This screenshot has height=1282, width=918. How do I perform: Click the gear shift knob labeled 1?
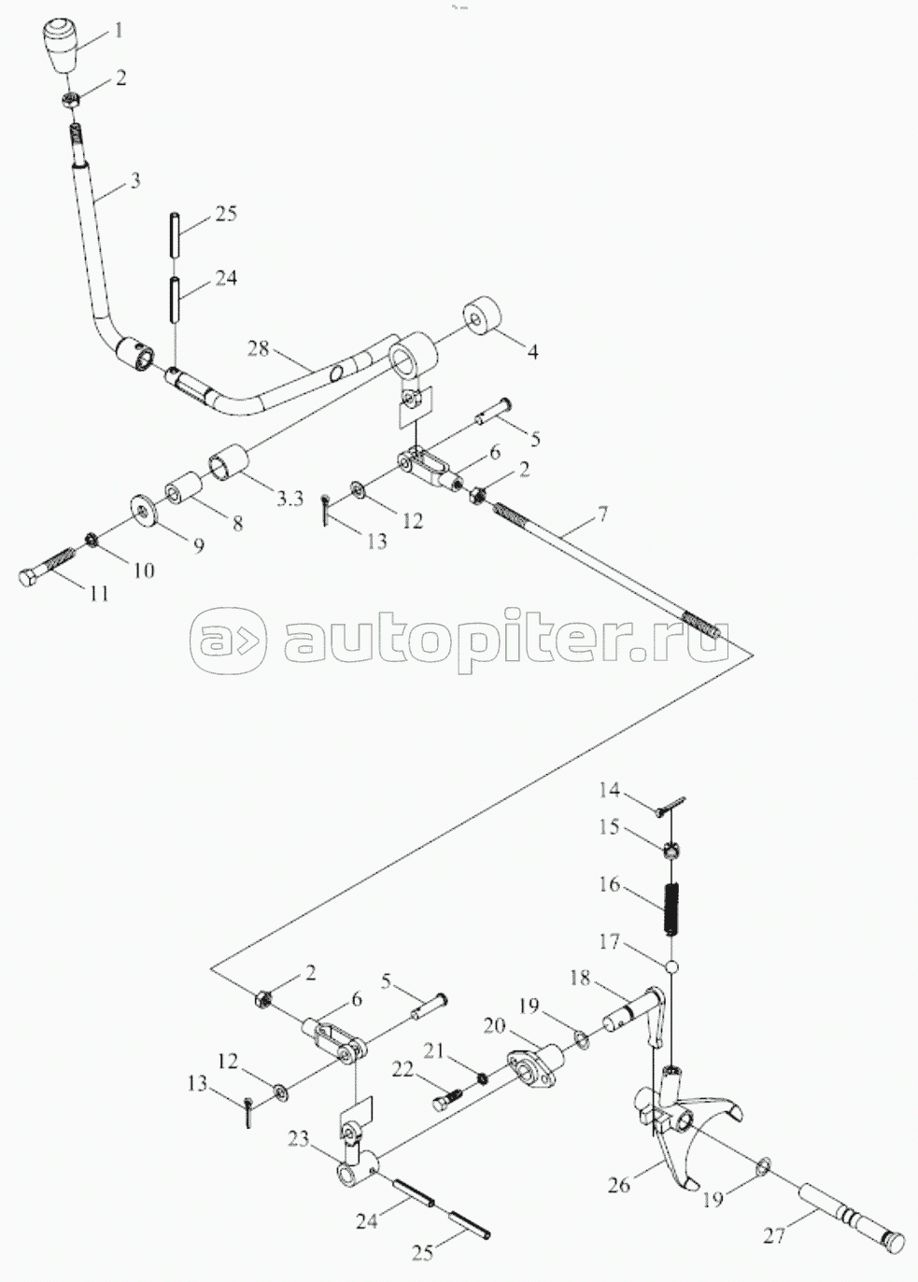62,47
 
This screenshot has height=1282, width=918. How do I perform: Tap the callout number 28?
259,348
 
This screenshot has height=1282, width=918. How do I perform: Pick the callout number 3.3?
290,499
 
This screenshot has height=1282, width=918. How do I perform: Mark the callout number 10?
144,570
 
